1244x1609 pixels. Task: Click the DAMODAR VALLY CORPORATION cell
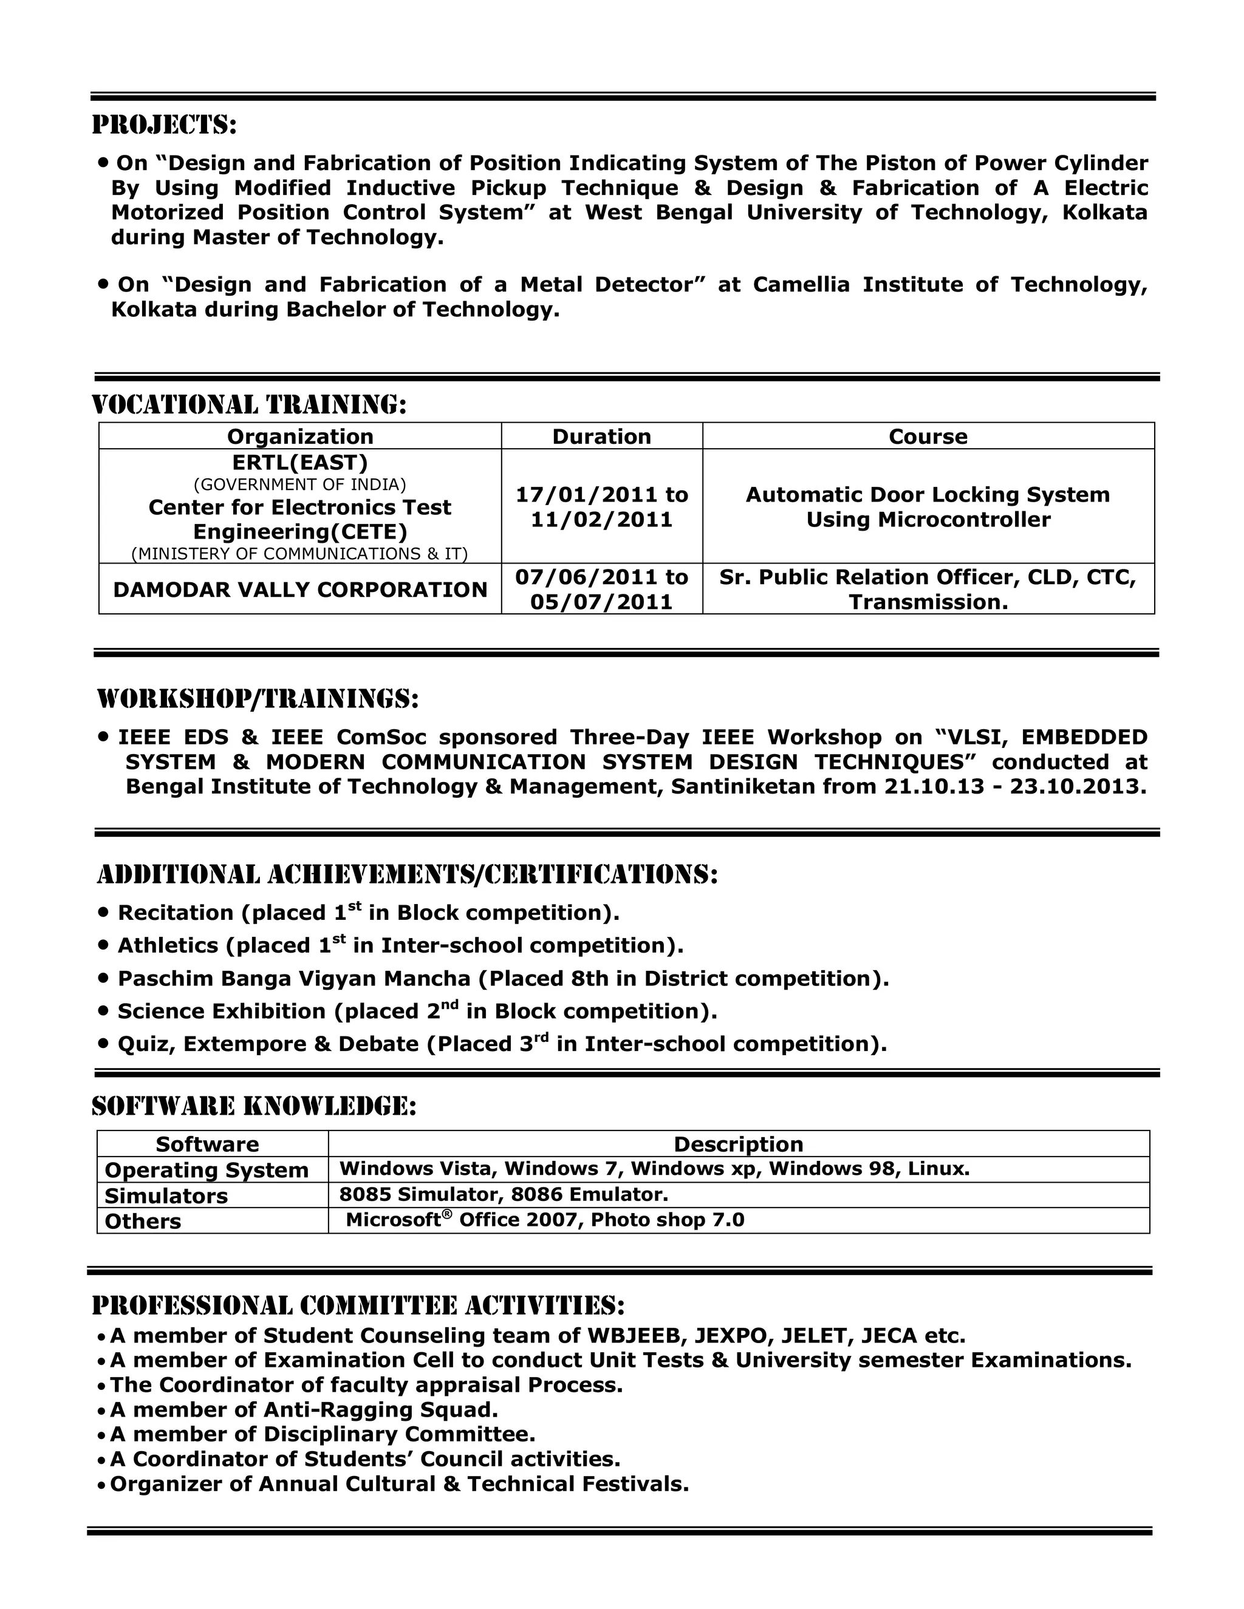[x=300, y=590]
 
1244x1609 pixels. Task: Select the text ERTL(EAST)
[x=300, y=462]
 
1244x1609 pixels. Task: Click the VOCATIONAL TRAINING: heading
[x=249, y=404]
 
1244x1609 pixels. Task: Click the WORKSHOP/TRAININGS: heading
[x=258, y=698]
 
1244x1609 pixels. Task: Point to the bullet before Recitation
[x=103, y=912]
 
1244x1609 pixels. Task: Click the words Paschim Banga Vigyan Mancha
[x=293, y=978]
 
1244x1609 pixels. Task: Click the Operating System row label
[x=207, y=1170]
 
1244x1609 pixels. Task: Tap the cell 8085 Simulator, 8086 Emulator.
[x=504, y=1194]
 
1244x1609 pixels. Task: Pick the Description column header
[x=739, y=1144]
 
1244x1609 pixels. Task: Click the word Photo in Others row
[x=618, y=1220]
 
